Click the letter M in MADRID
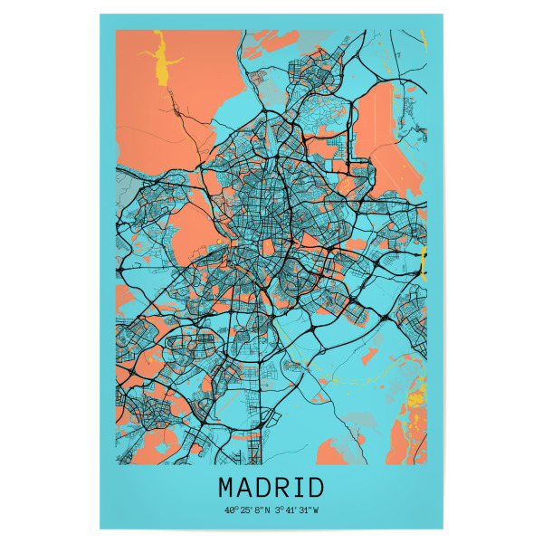pyautogui.click(x=226, y=488)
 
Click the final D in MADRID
pyautogui.click(x=316, y=488)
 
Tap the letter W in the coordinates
pyautogui.click(x=316, y=510)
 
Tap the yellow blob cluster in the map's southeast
pyautogui.click(x=415, y=397)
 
